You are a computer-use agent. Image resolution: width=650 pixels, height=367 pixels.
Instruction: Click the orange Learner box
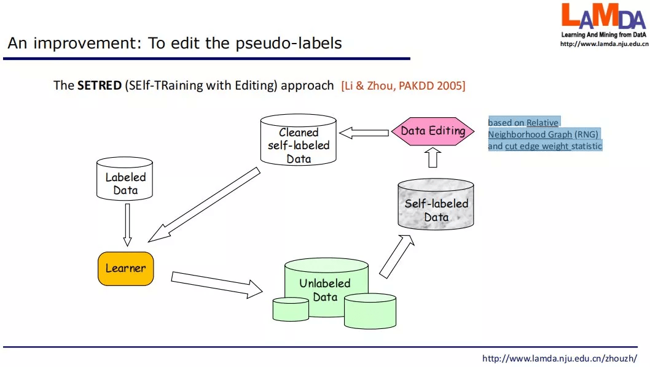125,268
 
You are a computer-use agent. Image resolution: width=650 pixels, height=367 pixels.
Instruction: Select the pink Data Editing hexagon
433,131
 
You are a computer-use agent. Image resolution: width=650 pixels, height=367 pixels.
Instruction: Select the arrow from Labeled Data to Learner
128,225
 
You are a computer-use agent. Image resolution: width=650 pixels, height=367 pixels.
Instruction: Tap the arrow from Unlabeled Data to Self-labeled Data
397,256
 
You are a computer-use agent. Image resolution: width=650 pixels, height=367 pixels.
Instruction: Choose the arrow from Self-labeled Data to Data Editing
433,158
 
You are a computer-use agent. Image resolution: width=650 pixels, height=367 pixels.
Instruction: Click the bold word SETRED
99,86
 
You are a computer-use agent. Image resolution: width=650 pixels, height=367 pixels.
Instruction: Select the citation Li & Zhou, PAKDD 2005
403,86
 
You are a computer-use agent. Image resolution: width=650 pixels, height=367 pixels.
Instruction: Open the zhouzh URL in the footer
559,358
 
